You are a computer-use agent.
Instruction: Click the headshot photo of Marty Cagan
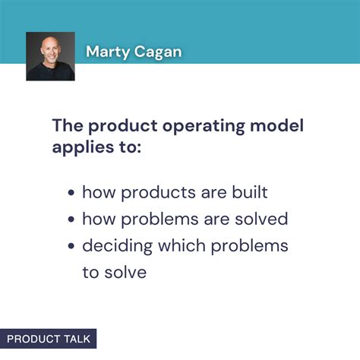click(50, 56)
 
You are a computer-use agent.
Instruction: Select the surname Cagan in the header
click(159, 53)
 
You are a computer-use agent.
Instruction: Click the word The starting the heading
click(68, 125)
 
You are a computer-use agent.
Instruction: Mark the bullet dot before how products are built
click(71, 194)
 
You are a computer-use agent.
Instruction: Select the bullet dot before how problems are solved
click(71, 220)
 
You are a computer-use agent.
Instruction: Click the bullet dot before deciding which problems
click(71, 246)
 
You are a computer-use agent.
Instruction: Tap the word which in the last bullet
click(175, 246)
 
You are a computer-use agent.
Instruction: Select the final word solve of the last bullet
click(125, 272)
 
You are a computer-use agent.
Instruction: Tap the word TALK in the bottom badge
click(76, 339)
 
